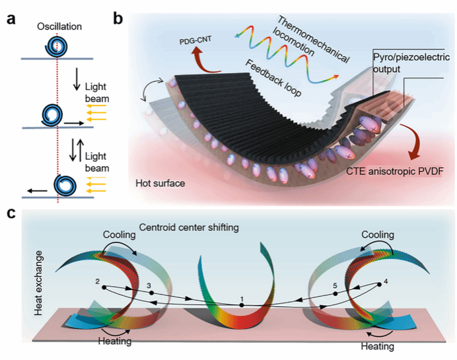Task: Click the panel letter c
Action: point(11,213)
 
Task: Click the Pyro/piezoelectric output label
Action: point(405,48)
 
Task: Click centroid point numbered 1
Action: point(242,305)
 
